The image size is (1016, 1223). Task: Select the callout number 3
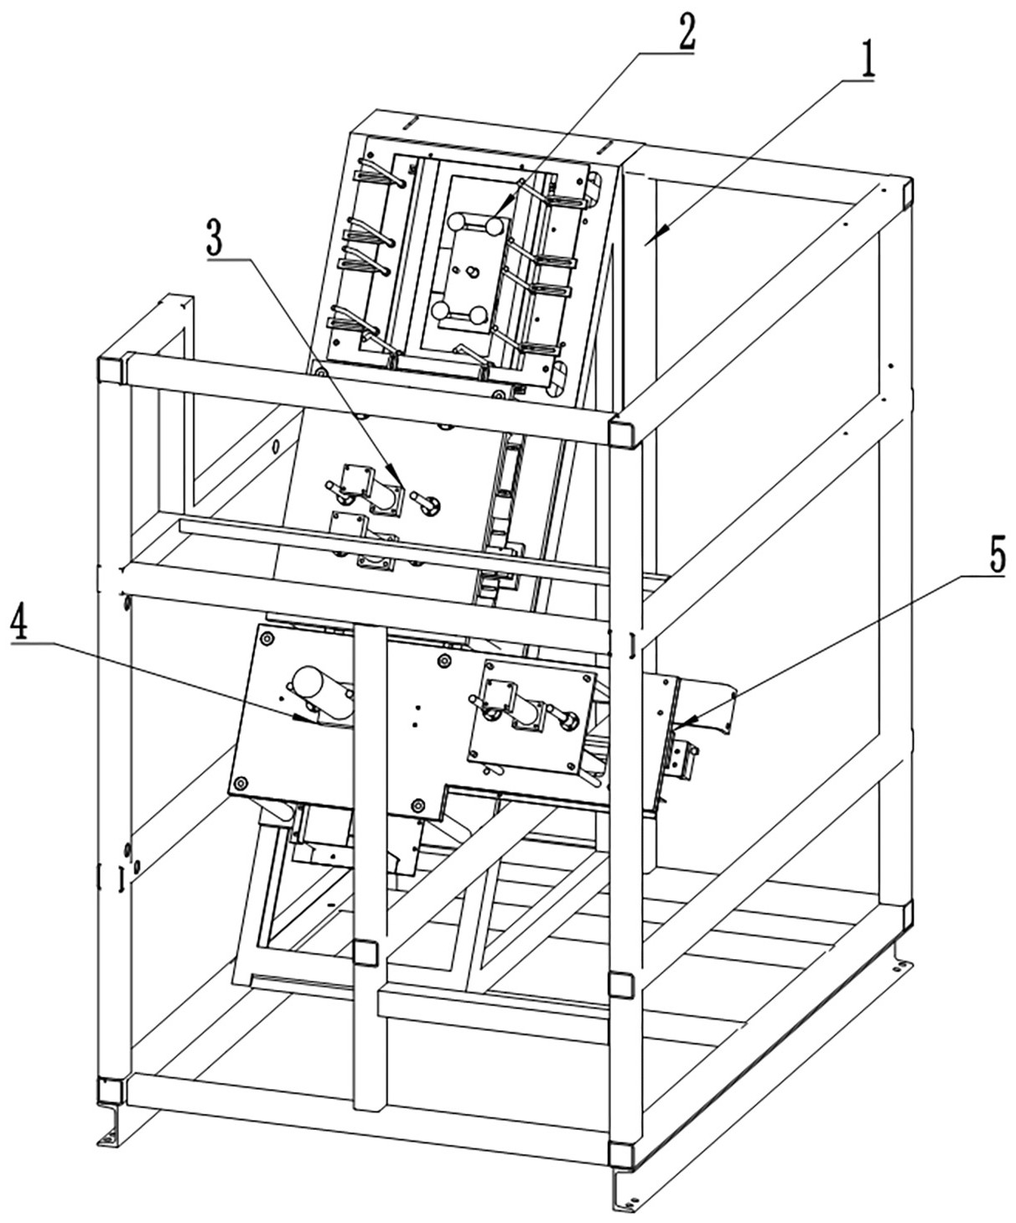point(215,241)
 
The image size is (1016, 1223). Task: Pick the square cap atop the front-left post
point(111,369)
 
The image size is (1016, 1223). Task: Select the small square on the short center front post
point(365,952)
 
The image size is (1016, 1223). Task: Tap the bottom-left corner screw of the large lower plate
point(239,783)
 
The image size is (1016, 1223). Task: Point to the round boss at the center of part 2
point(471,271)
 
